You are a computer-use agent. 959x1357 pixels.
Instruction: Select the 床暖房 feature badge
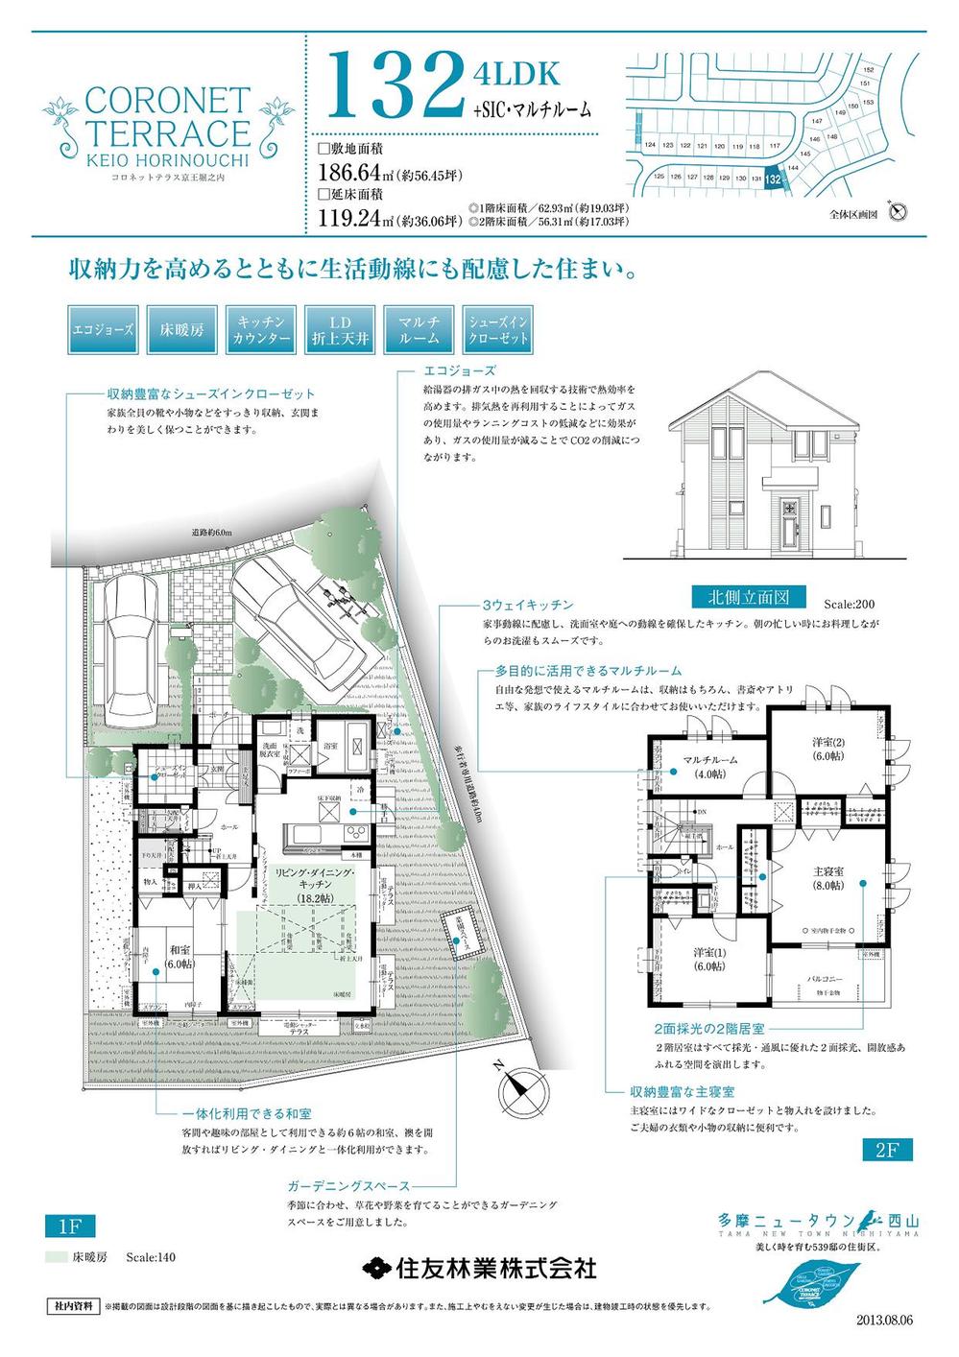pyautogui.click(x=181, y=330)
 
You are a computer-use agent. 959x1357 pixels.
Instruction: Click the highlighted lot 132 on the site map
pyautogui.click(x=772, y=179)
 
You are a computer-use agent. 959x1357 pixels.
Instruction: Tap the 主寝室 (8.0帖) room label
pyautogui.click(x=823, y=879)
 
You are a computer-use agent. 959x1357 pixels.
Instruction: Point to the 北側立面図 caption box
pyautogui.click(x=748, y=596)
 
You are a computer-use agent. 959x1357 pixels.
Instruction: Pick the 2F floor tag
pyautogui.click(x=885, y=1150)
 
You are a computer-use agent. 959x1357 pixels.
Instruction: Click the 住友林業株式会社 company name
pyautogui.click(x=480, y=1268)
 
